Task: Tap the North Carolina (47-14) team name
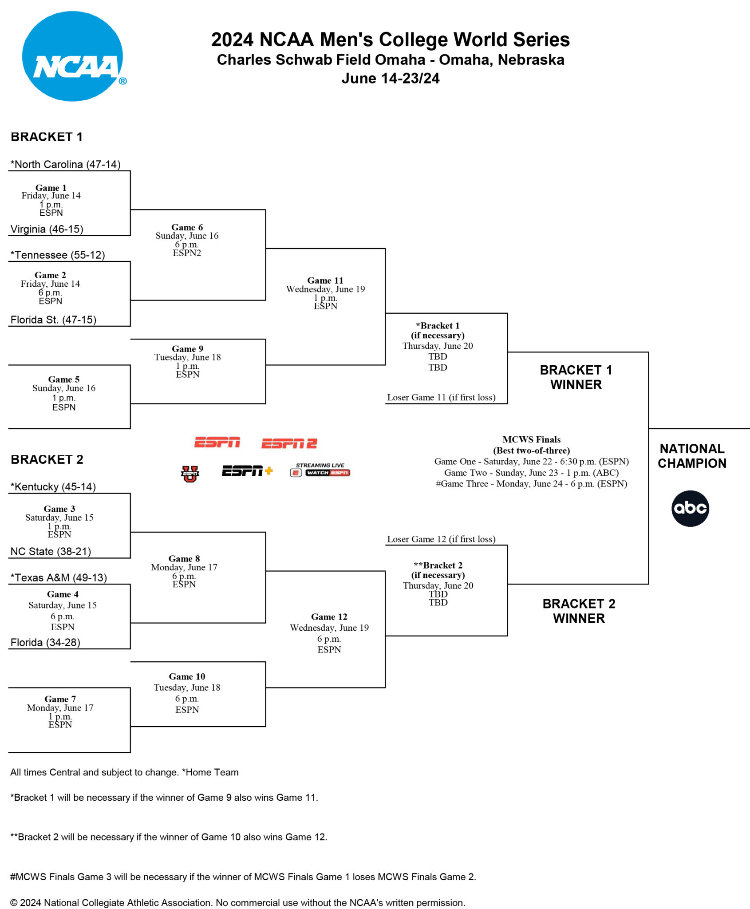click(x=66, y=164)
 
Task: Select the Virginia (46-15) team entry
click(x=47, y=229)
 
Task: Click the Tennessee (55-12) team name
click(x=58, y=255)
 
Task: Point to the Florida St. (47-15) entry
click(x=53, y=320)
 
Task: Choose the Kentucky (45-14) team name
click(x=53, y=486)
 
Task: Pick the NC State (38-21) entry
click(x=51, y=551)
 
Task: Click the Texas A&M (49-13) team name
click(x=59, y=577)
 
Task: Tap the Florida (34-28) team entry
click(x=45, y=642)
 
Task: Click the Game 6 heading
click(x=187, y=227)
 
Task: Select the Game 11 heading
click(x=325, y=281)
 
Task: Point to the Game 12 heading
click(x=329, y=617)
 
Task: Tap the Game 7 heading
click(x=60, y=699)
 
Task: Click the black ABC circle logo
click(x=690, y=508)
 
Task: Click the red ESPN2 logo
click(x=289, y=443)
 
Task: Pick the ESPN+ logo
click(x=247, y=471)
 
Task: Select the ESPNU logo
click(x=190, y=474)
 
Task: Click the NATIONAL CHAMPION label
click(x=692, y=456)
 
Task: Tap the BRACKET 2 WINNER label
click(x=579, y=611)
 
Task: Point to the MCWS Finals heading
click(x=531, y=439)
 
